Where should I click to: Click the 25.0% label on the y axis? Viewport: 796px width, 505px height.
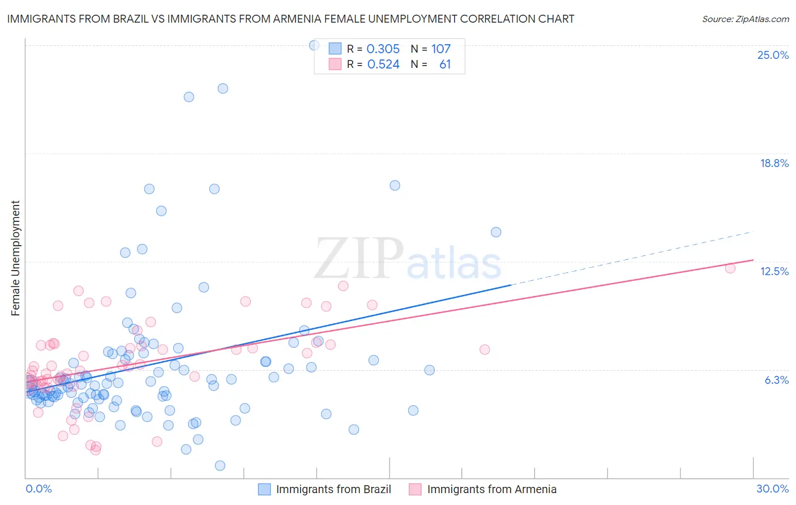(773, 55)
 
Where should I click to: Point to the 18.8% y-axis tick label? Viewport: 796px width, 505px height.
(774, 163)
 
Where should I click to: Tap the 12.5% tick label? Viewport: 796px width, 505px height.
(774, 271)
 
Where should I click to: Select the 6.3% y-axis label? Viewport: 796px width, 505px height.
(776, 380)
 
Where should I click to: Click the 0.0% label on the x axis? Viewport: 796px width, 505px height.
(38, 489)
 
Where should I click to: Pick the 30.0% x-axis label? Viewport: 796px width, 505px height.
(772, 489)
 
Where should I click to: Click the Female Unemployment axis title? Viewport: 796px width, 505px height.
(15, 258)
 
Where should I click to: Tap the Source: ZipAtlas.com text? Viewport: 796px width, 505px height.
(745, 19)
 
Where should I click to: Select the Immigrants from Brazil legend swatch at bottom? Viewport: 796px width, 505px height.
(264, 489)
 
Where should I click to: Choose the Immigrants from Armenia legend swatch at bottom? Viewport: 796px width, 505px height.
(416, 489)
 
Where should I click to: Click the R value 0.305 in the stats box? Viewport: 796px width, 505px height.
(383, 49)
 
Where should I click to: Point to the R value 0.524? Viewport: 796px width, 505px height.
(383, 65)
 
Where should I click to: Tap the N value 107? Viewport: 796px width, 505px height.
(441, 49)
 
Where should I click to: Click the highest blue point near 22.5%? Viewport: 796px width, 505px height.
(223, 88)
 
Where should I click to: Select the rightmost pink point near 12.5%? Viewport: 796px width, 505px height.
(730, 268)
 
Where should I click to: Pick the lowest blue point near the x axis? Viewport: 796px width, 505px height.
(220, 465)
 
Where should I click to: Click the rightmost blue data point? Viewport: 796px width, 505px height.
(496, 232)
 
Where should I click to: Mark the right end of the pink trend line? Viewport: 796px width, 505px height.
(754, 260)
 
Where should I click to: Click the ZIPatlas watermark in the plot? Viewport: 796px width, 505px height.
(408, 260)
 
